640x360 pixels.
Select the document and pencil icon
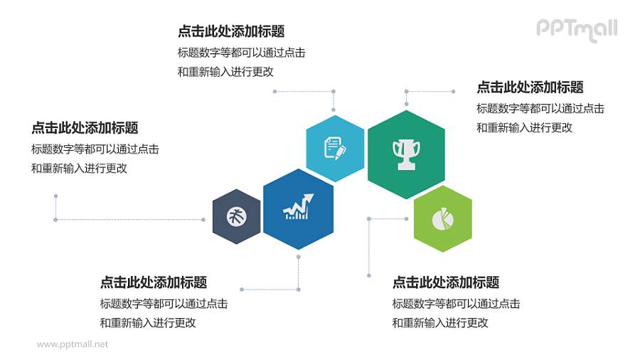click(x=335, y=148)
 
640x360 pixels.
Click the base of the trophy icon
click(x=406, y=167)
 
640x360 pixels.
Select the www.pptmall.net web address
click(x=73, y=344)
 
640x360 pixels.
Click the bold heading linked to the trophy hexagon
click(x=530, y=88)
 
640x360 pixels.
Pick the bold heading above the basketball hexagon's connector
click(x=85, y=128)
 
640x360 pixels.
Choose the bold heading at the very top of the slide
click(x=231, y=31)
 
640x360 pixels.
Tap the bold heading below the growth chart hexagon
click(x=154, y=282)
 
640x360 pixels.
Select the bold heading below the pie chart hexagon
click(x=446, y=282)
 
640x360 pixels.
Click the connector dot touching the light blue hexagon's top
click(x=334, y=110)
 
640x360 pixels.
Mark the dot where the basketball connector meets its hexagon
click(x=209, y=219)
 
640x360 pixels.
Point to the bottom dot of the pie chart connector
click(x=368, y=275)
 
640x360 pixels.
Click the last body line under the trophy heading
click(x=524, y=128)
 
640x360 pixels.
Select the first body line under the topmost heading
click(x=242, y=53)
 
